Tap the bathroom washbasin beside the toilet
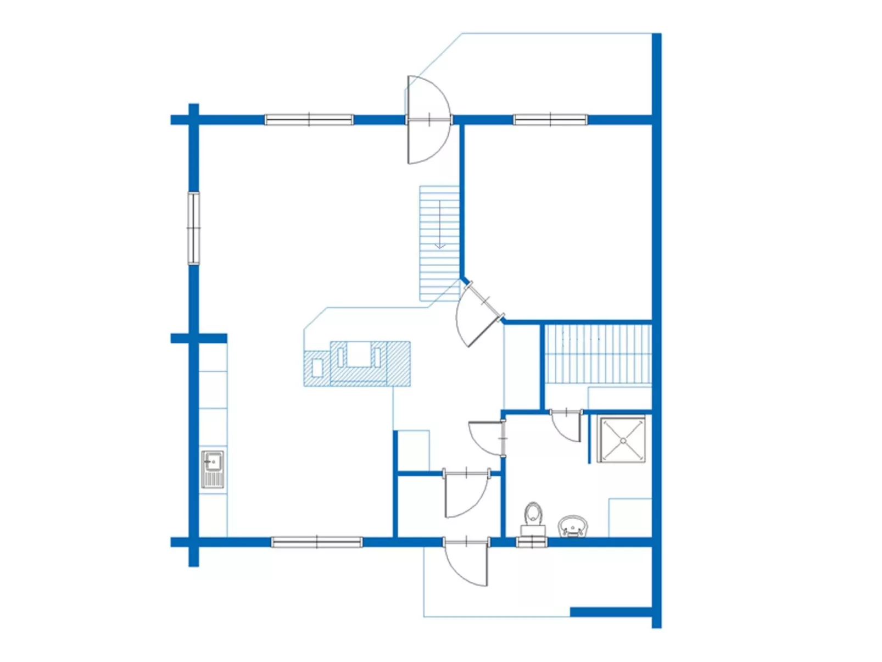(572, 526)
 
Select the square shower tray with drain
(622, 440)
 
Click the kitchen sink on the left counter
(213, 469)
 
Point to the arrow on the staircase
(439, 225)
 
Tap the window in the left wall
(193, 228)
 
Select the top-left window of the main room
(309, 119)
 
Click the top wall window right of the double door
(550, 119)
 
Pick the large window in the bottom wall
(317, 542)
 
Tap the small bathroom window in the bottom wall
(532, 542)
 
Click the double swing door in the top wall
(429, 120)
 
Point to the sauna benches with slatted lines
(598, 354)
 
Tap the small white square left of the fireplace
(317, 367)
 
